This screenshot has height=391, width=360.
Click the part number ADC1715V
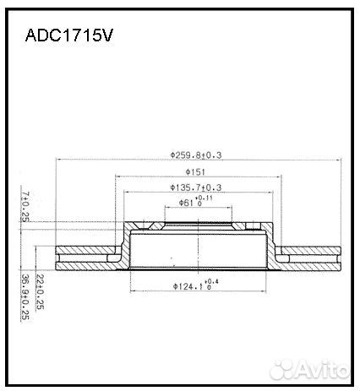pos(70,37)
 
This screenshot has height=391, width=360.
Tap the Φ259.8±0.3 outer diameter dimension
pos(201,155)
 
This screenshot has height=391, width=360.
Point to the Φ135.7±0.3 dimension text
pos(196,187)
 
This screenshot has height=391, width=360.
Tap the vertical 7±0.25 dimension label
pos(25,206)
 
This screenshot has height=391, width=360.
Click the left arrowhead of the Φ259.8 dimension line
pos(57,160)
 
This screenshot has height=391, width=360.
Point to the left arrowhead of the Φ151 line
pos(117,177)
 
